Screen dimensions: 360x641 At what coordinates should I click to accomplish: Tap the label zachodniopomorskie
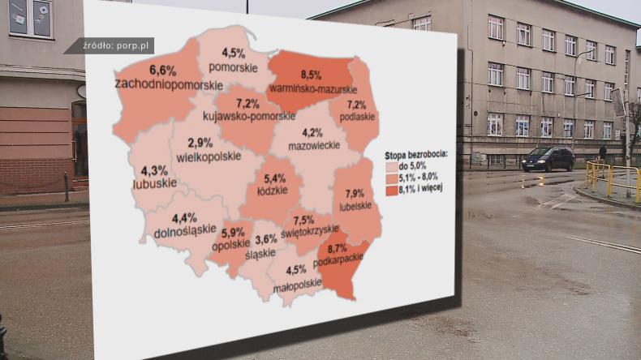pos(169,84)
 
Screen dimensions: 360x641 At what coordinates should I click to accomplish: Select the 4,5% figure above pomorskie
pos(233,54)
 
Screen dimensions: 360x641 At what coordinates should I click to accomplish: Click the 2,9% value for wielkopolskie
pos(200,143)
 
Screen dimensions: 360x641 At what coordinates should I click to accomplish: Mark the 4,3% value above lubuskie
pos(154,171)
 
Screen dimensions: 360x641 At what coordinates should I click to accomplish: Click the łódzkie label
pos(273,191)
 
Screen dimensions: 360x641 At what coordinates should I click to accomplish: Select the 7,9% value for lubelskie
pos(355,194)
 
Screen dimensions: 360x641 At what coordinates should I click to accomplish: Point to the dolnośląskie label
pos(184,232)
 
